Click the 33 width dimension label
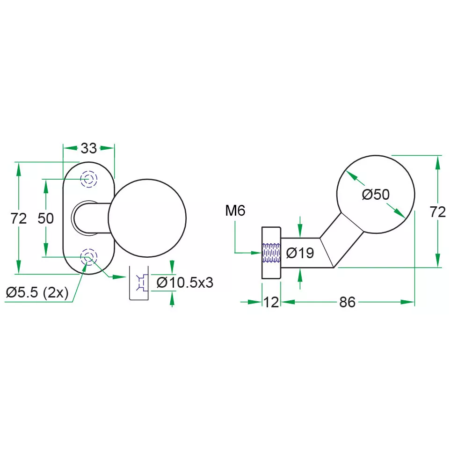point(89,148)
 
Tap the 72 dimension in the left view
point(19,218)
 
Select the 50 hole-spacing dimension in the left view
point(46,218)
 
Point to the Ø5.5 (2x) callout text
point(37,292)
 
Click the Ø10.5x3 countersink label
point(185,283)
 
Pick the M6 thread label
point(235,210)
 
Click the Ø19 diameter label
point(300,253)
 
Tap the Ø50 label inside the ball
point(376,195)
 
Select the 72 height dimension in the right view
point(438,212)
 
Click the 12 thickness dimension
point(271,302)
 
